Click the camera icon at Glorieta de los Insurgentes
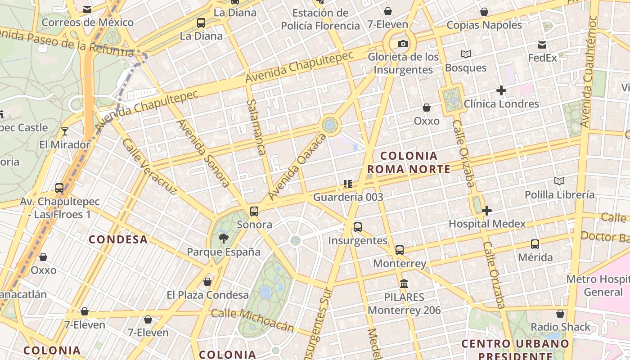click(x=403, y=44)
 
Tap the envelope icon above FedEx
click(x=542, y=45)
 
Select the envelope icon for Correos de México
click(x=87, y=9)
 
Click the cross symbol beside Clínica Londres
click(x=501, y=90)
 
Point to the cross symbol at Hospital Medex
click(x=486, y=210)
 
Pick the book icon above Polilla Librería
click(x=559, y=181)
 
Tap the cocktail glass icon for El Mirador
click(x=65, y=131)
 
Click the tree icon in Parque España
click(x=223, y=238)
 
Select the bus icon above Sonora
click(x=254, y=211)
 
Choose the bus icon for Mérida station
click(x=535, y=244)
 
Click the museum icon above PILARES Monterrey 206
click(x=404, y=284)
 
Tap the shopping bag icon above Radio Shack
click(x=560, y=314)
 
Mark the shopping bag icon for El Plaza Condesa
click(x=207, y=282)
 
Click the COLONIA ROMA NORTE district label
click(x=409, y=162)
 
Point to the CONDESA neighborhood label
click(x=118, y=239)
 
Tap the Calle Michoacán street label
click(x=252, y=320)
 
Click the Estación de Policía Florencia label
click(x=320, y=19)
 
